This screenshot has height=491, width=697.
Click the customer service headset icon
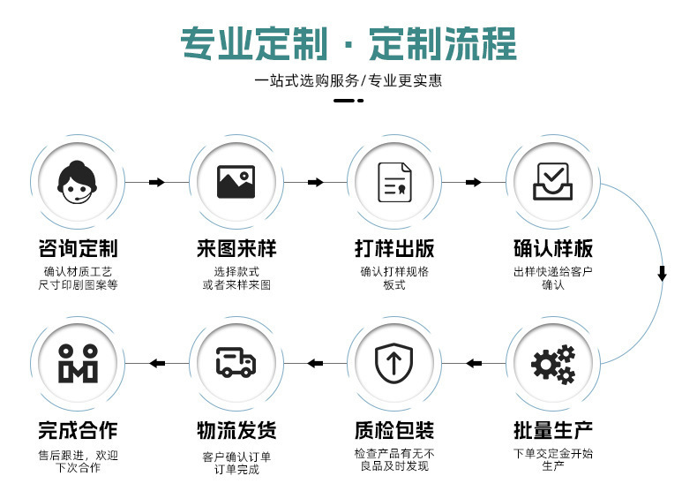pyautogui.click(x=78, y=182)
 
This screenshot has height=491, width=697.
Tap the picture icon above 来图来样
pyautogui.click(x=236, y=182)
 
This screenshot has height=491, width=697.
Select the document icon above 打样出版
pyautogui.click(x=394, y=182)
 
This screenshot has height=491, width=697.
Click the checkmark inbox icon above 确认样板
pyautogui.click(x=553, y=182)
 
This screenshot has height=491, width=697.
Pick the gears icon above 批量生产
pyautogui.click(x=553, y=364)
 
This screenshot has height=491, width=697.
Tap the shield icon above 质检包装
pyautogui.click(x=394, y=364)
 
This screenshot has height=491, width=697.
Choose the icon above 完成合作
pyautogui.click(x=78, y=364)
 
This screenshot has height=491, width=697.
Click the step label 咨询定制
pyautogui.click(x=78, y=248)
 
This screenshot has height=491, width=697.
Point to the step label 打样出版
pyautogui.click(x=394, y=248)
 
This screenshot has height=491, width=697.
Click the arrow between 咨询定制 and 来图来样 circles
pyautogui.click(x=157, y=182)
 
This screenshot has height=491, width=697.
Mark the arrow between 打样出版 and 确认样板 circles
pyautogui.click(x=474, y=182)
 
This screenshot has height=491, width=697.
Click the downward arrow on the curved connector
pyautogui.click(x=662, y=274)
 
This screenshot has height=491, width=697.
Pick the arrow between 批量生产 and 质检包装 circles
pyautogui.click(x=474, y=363)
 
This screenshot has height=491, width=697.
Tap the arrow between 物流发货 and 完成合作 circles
pyautogui.click(x=157, y=363)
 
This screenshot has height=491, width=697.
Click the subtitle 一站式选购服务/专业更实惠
pyautogui.click(x=348, y=81)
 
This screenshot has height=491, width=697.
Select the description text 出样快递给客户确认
pyautogui.click(x=553, y=278)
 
